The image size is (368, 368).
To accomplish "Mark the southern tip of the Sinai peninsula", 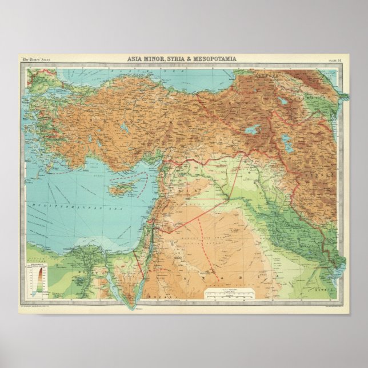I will click(133, 303).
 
